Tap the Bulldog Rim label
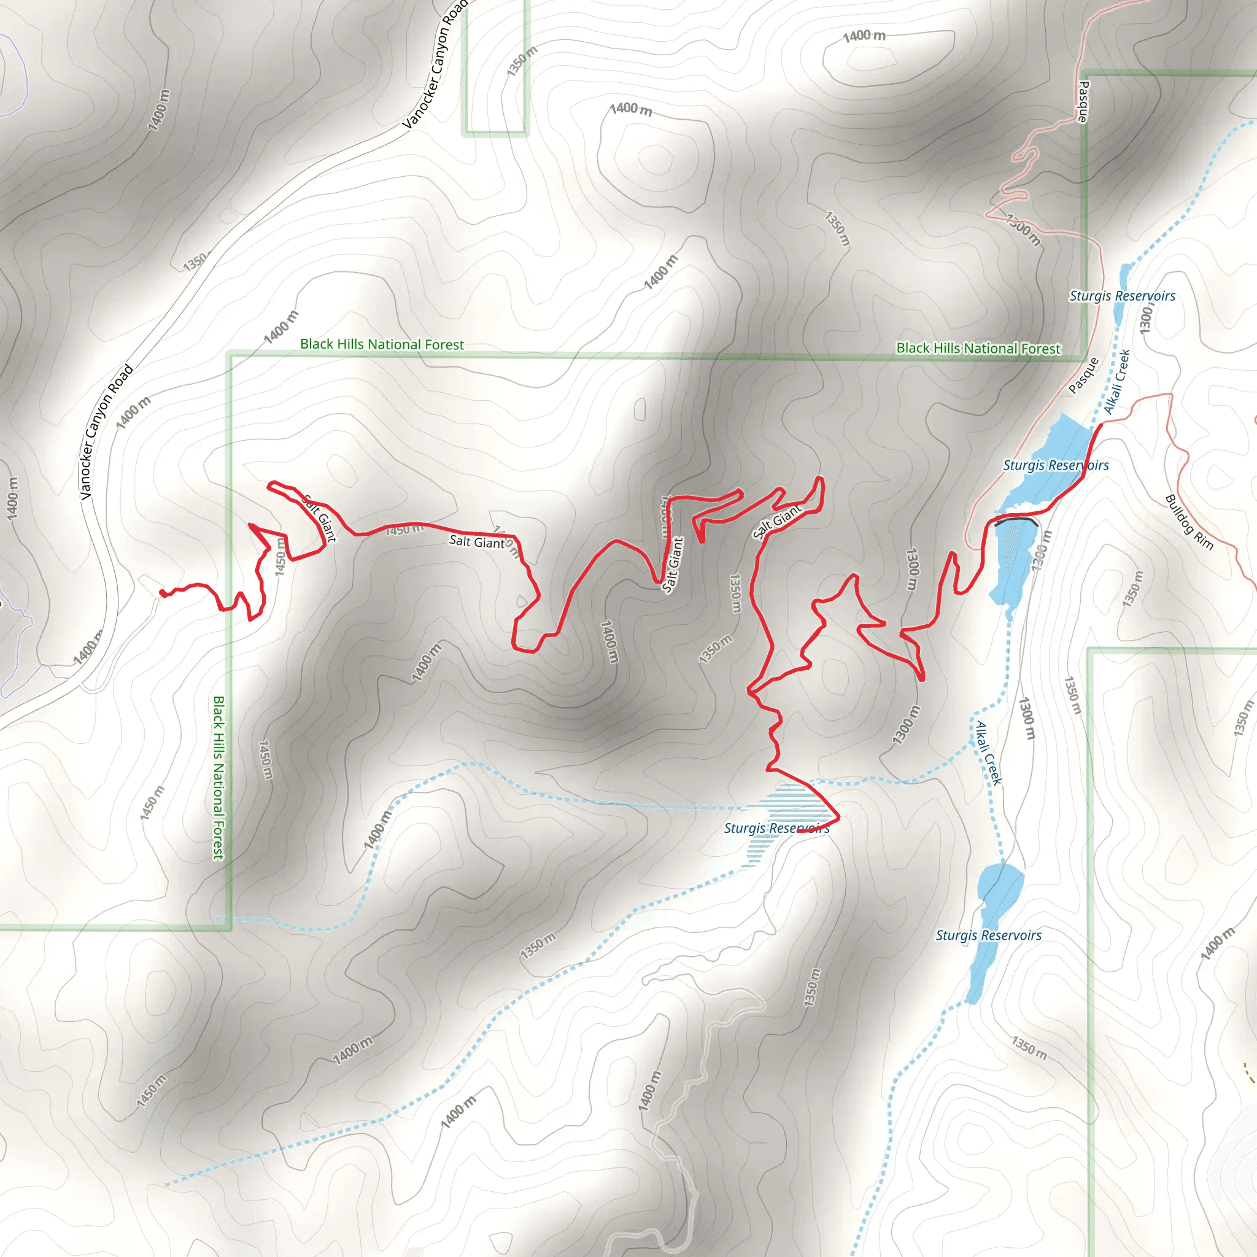pos(1189,522)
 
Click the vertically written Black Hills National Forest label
pos(219,778)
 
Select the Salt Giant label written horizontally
pos(477,541)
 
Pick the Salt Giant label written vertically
pos(673,565)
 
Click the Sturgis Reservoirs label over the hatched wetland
pos(777,828)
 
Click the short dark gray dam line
pos(1016,521)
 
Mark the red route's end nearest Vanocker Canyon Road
pos(162,593)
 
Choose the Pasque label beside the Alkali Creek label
pos(1083,376)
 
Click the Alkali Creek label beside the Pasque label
pos(1117,382)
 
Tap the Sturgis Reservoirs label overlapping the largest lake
pos(1055,465)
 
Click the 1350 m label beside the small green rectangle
pos(522,61)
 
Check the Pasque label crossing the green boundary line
pos(1083,102)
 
